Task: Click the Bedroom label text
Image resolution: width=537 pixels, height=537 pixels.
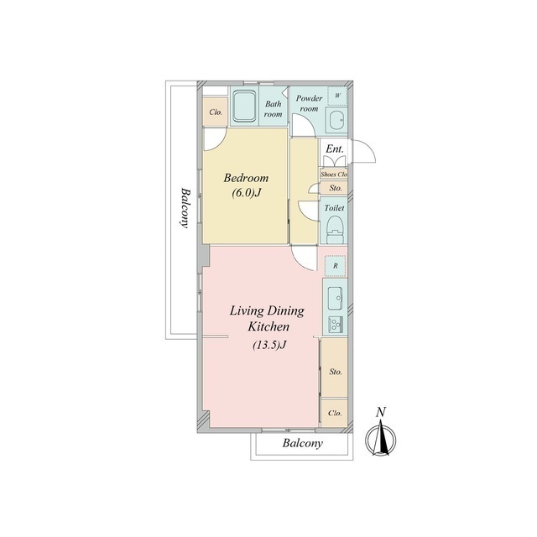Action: click(x=246, y=178)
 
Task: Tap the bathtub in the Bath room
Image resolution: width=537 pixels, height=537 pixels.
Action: click(x=244, y=107)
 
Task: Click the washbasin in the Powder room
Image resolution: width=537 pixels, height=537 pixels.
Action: click(x=336, y=120)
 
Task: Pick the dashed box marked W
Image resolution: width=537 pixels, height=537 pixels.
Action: click(x=337, y=96)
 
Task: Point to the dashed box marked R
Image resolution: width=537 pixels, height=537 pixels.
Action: click(x=336, y=266)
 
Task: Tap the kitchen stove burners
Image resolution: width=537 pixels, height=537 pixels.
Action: click(x=336, y=324)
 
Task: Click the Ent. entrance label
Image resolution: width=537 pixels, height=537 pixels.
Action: click(x=334, y=149)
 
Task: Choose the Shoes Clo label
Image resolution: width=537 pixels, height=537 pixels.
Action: click(x=334, y=174)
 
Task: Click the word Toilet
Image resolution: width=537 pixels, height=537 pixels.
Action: click(x=334, y=208)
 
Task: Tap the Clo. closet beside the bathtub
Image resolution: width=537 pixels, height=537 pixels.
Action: click(x=216, y=112)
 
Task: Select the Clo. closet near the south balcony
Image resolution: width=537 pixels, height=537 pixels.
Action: click(x=335, y=413)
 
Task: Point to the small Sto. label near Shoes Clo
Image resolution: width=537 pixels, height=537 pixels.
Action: click(x=336, y=188)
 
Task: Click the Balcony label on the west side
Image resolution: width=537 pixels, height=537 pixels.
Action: click(x=185, y=207)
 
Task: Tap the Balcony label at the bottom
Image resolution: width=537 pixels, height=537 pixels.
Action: click(x=302, y=444)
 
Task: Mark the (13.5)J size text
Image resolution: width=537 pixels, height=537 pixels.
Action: click(x=269, y=345)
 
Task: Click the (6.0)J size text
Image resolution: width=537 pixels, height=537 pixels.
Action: click(x=247, y=193)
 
